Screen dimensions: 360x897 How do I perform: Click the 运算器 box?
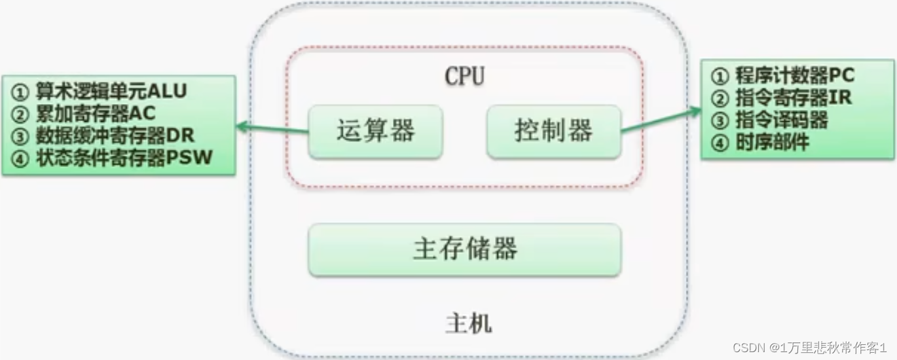[x=375, y=132]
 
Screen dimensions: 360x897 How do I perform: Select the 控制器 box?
[x=554, y=132]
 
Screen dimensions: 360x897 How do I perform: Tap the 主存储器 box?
[x=465, y=249]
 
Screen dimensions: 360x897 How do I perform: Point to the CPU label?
[x=464, y=77]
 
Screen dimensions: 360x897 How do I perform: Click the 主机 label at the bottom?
[x=468, y=323]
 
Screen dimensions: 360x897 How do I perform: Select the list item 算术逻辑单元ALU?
[x=111, y=91]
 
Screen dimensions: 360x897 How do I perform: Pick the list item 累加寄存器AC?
[x=96, y=113]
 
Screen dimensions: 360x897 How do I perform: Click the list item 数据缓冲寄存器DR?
[x=115, y=135]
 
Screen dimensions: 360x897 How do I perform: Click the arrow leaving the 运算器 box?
[x=272, y=128]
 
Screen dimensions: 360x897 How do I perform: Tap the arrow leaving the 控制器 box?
[x=661, y=120]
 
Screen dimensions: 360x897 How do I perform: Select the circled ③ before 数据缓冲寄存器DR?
[x=21, y=136]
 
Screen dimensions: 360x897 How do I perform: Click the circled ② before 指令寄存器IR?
[x=720, y=98]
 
